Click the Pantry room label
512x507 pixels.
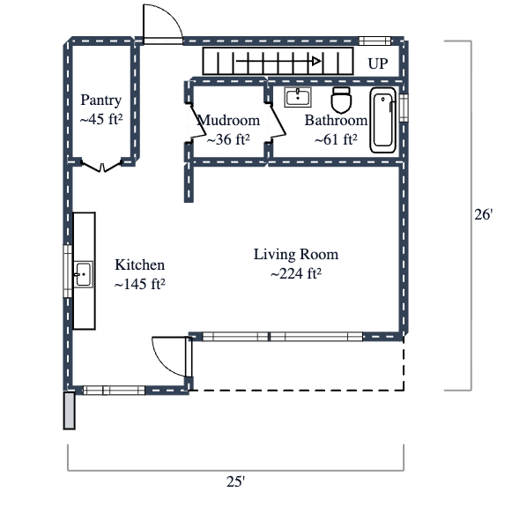point(100,100)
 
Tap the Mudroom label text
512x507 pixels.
point(228,121)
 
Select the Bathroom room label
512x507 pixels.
point(336,121)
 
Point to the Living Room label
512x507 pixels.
point(295,255)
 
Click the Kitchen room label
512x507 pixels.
point(140,265)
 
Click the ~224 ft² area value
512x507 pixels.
point(295,273)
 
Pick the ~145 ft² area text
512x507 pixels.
point(140,284)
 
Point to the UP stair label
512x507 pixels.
point(378,63)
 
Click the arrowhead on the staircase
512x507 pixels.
point(315,62)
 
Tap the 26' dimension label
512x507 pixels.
point(482,214)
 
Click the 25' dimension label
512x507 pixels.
point(235,481)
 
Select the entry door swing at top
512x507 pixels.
point(161,23)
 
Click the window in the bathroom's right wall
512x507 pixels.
point(404,108)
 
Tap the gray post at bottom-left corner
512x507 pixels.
point(69,411)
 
